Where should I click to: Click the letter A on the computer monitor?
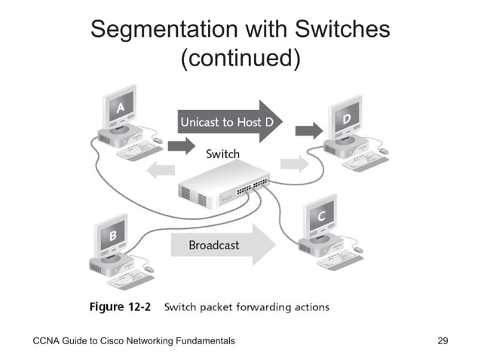click(121, 108)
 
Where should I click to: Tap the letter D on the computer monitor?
click(346, 119)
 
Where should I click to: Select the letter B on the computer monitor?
click(112, 236)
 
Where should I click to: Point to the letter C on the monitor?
click(320, 217)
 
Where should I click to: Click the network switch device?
click(222, 188)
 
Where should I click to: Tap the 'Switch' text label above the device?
click(222, 154)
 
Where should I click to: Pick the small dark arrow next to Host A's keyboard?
click(180, 145)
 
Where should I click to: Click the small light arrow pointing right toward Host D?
click(293, 163)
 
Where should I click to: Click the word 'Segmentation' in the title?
click(164, 30)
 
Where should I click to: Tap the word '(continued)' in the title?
click(240, 57)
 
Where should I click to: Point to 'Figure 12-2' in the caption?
click(122, 307)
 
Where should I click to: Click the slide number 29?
click(443, 341)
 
